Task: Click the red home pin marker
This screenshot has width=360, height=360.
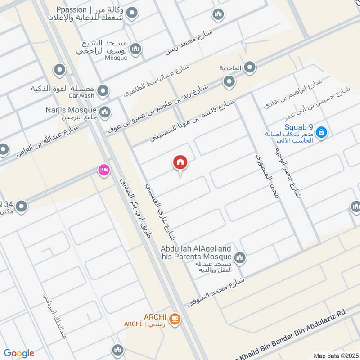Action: click(180, 163)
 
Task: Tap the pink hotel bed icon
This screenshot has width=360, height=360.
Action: click(104, 171)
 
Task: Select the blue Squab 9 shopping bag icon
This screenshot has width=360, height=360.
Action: click(321, 132)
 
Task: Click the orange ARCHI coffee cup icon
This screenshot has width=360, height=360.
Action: click(175, 319)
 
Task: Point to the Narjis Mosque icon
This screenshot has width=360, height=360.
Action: click(104, 111)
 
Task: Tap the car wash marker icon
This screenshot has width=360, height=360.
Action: click(103, 91)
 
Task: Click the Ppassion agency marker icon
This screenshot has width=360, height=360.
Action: click(131, 14)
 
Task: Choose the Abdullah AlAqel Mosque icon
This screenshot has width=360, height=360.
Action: click(240, 258)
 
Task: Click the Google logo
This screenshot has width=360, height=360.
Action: click(19, 353)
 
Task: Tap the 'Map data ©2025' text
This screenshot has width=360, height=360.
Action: click(335, 355)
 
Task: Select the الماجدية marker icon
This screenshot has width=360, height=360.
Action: click(250, 68)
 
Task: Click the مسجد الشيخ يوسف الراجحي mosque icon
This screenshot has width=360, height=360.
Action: click(135, 48)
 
